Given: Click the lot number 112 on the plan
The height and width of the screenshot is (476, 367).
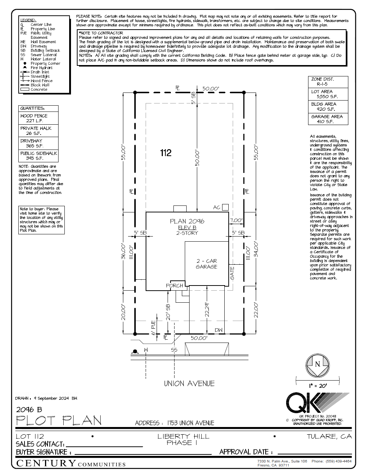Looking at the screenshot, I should pyautogui.click(x=166, y=153).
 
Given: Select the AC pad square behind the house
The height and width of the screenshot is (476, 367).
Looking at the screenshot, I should pyautogui.click(x=225, y=207).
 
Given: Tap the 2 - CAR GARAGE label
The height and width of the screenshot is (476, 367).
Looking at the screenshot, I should pyautogui.click(x=206, y=264).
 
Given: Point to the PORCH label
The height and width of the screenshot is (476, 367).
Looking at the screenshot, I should pyautogui.click(x=175, y=286).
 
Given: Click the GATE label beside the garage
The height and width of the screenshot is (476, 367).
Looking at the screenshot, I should pyautogui.click(x=232, y=273).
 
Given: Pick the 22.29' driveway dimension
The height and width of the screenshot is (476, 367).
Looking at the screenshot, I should pyautogui.click(x=207, y=309).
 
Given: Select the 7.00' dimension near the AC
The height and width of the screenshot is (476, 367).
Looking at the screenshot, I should pyautogui.click(x=236, y=220).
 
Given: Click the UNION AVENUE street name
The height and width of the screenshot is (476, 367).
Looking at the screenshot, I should pyautogui.click(x=189, y=384).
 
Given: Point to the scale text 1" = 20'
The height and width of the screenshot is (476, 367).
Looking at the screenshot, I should pyautogui.click(x=318, y=386).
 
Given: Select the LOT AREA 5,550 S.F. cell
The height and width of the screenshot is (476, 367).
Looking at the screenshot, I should pyautogui.click(x=328, y=94).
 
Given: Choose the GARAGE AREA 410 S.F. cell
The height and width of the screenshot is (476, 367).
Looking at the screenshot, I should pyautogui.click(x=328, y=119).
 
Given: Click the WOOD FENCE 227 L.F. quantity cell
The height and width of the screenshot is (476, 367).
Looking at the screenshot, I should pyautogui.click(x=38, y=118).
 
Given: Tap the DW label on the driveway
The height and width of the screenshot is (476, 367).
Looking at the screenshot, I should pyautogui.click(x=218, y=330).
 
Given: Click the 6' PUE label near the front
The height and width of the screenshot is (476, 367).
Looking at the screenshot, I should pyautogui.click(x=154, y=328).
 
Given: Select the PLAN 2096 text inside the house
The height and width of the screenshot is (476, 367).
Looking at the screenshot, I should pyautogui.click(x=187, y=221).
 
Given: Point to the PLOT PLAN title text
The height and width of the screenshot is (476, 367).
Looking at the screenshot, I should pyautogui.click(x=59, y=421).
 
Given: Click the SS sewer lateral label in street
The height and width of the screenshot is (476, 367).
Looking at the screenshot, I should pyautogui.click(x=174, y=350).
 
